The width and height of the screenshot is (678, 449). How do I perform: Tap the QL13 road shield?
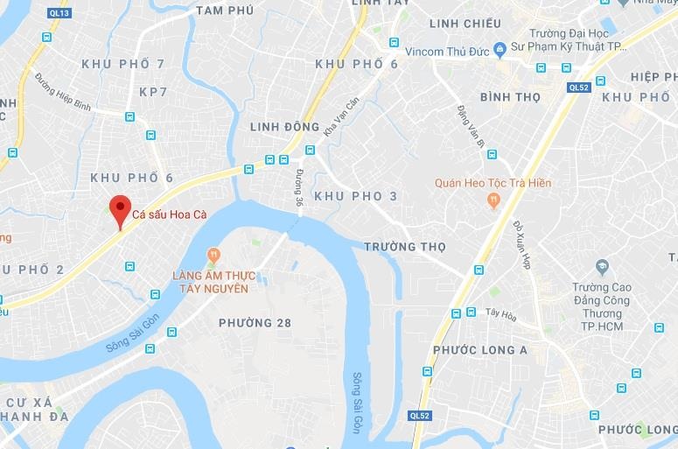pos(59,13)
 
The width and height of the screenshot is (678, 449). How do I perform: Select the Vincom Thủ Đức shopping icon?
pos(500,48)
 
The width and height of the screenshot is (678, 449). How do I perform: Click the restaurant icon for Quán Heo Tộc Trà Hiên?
pos(493,200)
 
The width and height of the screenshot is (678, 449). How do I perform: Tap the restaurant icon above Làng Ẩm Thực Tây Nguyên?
pos(212,255)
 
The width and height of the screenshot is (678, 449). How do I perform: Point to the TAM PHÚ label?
pos(225,11)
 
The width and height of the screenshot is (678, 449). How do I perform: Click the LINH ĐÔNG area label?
pos(284,127)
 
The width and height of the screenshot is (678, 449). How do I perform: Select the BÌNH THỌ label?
pos(510,97)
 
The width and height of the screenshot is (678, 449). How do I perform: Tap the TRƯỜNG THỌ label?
pos(404,247)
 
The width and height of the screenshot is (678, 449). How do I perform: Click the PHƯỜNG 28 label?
pos(255,323)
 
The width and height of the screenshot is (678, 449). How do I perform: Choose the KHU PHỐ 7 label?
pos(122,64)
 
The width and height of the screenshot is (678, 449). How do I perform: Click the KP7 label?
pos(153,92)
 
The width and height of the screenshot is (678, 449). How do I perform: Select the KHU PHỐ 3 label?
pos(355,196)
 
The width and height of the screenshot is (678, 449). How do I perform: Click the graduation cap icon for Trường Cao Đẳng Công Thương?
pos(602,266)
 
